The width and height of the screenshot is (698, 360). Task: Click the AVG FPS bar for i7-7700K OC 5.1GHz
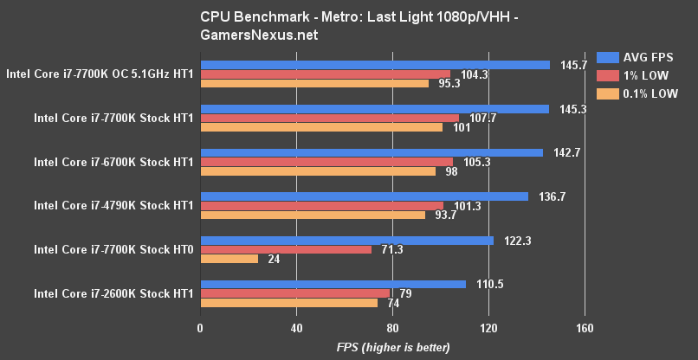(375, 65)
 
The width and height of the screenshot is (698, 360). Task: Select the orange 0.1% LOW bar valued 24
(229, 259)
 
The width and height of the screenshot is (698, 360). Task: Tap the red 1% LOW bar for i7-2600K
(294, 293)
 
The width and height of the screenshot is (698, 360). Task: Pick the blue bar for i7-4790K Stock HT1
(364, 196)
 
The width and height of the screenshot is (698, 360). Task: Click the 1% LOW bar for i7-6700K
(326, 162)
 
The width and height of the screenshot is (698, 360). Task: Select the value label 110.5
(490, 284)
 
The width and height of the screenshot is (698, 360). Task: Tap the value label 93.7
(444, 215)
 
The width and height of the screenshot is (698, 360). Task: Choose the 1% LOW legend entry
(638, 74)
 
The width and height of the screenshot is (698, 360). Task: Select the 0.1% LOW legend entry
(643, 92)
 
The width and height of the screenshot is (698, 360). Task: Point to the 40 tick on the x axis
(296, 328)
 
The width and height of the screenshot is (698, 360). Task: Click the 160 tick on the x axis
(585, 328)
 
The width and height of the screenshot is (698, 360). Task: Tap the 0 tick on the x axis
(200, 328)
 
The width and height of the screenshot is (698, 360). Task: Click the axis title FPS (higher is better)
(393, 347)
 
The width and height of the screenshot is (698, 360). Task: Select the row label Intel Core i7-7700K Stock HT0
(113, 249)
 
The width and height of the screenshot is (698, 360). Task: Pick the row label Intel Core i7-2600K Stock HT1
(113, 293)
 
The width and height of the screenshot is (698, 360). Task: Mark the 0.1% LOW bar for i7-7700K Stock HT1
(321, 127)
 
